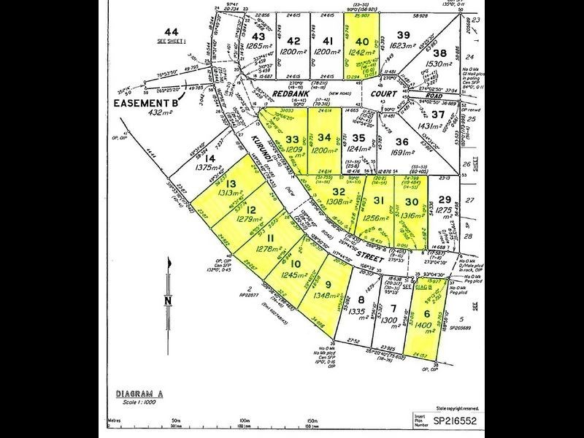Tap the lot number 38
[x=439, y=53]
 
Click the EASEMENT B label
[x=145, y=104]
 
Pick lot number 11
[x=269, y=238]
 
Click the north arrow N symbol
[x=169, y=300]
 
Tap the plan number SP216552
[x=455, y=421]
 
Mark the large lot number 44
[x=171, y=31]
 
